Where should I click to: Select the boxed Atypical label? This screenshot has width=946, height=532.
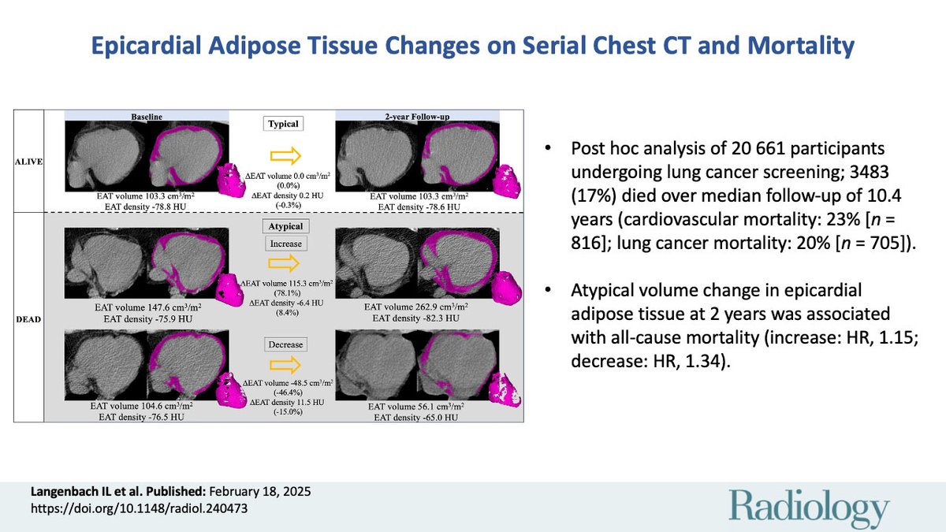282,225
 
